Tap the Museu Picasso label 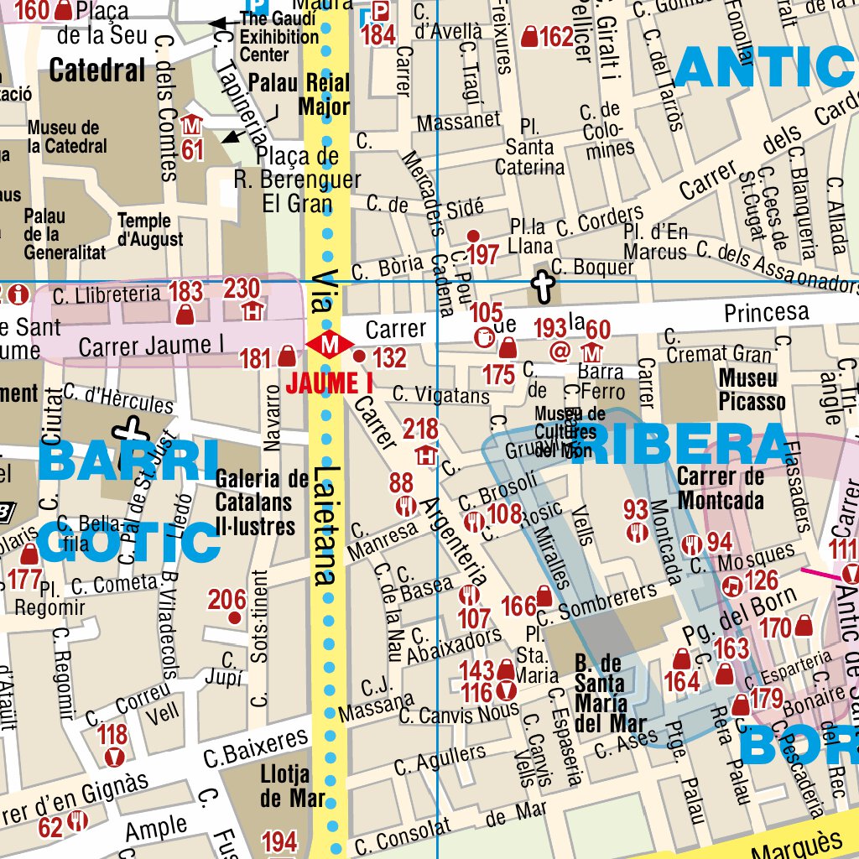pos(752,390)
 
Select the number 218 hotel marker pos(426,457)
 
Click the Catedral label pos(97,70)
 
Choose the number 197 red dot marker pos(473,236)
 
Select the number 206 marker pos(235,618)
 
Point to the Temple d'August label pos(150,230)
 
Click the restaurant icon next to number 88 pos(407,506)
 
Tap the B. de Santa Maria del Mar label pos(611,692)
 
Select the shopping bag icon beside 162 pos(529,37)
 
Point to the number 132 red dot pos(360,357)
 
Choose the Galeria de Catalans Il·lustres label pos(255,502)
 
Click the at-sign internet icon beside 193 pos(560,351)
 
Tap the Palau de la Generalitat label pos(65,233)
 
